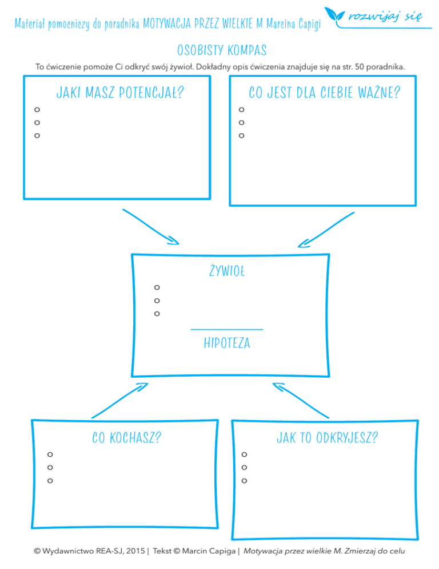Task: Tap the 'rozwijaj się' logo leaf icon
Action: (334, 14)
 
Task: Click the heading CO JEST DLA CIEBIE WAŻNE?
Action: (324, 92)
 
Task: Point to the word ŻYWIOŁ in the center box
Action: (227, 270)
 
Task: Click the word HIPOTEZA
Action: (227, 343)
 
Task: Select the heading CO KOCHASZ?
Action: (126, 438)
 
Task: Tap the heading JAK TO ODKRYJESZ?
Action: (327, 438)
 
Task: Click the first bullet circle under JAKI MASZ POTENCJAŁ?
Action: (37, 109)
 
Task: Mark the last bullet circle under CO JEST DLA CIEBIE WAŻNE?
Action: (242, 136)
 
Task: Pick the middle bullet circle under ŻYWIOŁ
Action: (157, 301)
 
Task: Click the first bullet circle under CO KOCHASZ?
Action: (50, 455)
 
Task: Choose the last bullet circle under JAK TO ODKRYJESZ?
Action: (244, 481)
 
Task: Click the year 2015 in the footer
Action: (133, 551)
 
